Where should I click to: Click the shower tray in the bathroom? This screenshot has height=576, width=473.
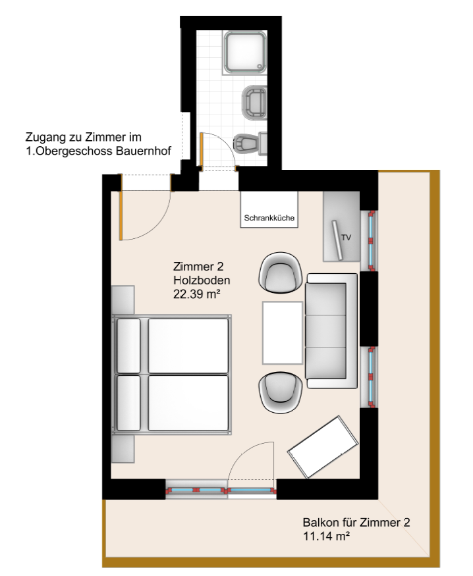[x=245, y=53]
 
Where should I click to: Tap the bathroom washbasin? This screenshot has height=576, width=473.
[x=254, y=102]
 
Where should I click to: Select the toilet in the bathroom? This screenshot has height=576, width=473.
[x=250, y=144]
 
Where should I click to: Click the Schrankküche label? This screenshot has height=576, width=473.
[x=269, y=218]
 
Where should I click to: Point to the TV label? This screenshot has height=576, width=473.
[x=347, y=238]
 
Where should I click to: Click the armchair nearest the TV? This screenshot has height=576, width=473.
[x=281, y=273]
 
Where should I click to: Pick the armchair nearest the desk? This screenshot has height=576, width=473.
[x=281, y=393]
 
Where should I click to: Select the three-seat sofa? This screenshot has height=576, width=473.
[x=331, y=330]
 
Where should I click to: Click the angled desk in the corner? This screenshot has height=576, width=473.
[x=323, y=447]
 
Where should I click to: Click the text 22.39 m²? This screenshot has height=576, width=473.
[x=196, y=294]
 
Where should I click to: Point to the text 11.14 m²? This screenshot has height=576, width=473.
[x=326, y=536]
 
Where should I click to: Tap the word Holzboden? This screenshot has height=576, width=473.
[x=202, y=280]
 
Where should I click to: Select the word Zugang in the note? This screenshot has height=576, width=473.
[x=46, y=138]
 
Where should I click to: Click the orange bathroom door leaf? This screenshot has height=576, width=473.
[x=202, y=149]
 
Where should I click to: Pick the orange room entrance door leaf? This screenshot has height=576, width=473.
[x=121, y=216]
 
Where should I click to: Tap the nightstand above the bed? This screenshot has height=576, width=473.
[x=123, y=300]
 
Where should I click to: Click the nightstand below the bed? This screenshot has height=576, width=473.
[x=123, y=448]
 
